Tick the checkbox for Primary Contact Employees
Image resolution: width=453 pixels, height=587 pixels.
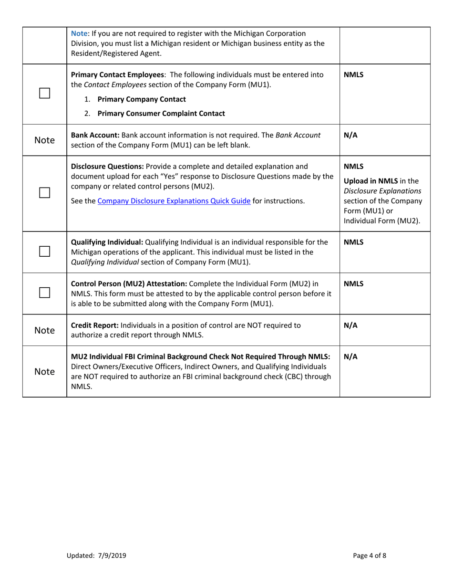pos(45,94)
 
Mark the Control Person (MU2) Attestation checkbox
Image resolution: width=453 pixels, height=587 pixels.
pos(45,293)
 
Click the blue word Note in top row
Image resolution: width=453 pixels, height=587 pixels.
pos(79,33)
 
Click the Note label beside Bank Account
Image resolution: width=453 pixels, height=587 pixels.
pos(45,140)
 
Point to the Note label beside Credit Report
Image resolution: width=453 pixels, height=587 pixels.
pos(45,330)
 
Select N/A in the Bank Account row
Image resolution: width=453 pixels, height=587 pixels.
pos(350,135)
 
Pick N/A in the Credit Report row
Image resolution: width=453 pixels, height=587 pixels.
pos(350,325)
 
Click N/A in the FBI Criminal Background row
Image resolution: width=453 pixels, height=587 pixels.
pos(350,356)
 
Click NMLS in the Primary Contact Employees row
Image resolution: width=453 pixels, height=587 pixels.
pos(353,75)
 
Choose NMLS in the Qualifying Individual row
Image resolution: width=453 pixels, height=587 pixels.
pos(353,242)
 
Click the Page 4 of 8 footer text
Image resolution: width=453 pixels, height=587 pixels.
pos(370,556)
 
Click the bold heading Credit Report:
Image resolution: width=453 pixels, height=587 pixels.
pos(95,325)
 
